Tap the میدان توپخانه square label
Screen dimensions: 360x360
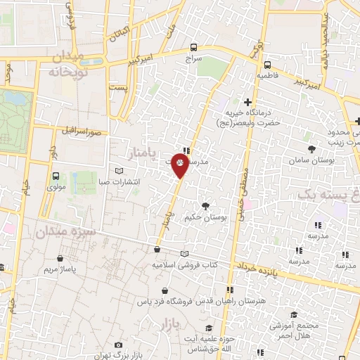[x=68, y=63]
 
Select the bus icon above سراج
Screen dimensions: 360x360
[x=193, y=48]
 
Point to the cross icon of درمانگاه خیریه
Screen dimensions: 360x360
[x=247, y=102]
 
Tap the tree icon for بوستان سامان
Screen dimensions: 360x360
[x=311, y=149]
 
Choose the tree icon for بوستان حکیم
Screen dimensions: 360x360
[x=205, y=206]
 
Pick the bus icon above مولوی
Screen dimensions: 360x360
[x=55, y=176]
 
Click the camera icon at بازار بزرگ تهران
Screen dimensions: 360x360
[x=118, y=345]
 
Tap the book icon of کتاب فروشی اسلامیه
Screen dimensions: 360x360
[x=184, y=254]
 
